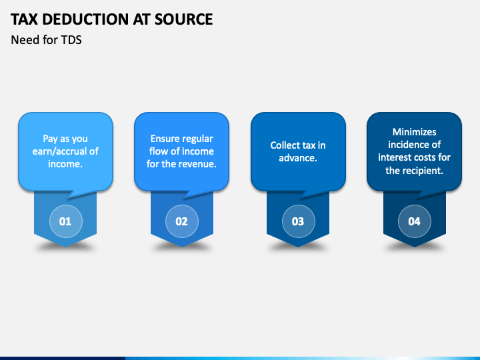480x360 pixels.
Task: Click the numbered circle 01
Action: [66, 221]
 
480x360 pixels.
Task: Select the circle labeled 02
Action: [182, 221]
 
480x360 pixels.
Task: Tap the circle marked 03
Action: [298, 221]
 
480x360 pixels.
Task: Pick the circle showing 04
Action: [415, 221]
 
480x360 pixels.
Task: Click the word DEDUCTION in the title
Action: [85, 19]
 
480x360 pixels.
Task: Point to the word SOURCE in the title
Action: [183, 19]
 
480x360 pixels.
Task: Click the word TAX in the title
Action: [25, 19]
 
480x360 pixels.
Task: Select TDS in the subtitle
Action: [71, 40]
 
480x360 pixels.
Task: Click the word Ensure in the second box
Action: [165, 139]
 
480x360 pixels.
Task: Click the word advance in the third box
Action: [297, 158]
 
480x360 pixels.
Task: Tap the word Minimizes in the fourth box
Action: [415, 132]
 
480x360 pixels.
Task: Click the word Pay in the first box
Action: [50, 139]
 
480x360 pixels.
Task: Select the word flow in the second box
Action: [157, 151]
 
